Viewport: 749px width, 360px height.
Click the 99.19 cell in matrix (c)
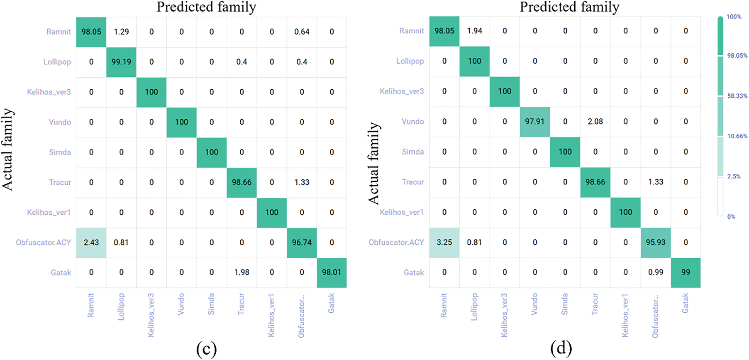pos(121,62)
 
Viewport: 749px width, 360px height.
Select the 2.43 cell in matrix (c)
pos(91,242)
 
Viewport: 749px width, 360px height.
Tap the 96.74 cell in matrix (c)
pos(302,242)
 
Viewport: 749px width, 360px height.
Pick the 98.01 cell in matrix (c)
pos(332,272)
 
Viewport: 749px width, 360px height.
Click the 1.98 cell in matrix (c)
pos(242,272)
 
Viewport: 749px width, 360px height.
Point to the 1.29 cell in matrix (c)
pos(121,32)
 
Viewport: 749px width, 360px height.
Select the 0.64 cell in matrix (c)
pos(302,32)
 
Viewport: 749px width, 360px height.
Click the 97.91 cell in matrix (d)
pos(535,122)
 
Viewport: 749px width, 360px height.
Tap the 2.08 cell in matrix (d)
pos(595,122)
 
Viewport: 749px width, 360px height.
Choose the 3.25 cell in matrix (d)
pos(444,242)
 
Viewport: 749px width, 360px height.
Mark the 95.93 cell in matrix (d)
pos(656,242)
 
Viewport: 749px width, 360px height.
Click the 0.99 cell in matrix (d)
pos(656,272)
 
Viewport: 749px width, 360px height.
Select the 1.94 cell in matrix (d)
pos(474,31)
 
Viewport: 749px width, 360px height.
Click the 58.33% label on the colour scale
pos(737,96)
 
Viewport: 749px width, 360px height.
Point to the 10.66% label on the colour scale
pos(737,136)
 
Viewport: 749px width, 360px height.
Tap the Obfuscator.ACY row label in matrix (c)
pos(44,242)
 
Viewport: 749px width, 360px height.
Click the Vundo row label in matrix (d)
pos(412,122)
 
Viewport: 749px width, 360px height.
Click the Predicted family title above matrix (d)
pos(569,7)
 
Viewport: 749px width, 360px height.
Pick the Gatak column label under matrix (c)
pos(332,303)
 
